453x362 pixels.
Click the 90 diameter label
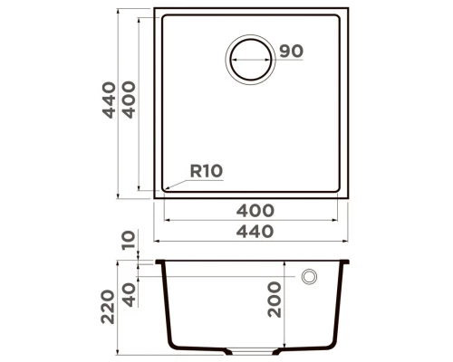click(x=290, y=52)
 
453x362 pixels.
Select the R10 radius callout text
click(x=206, y=169)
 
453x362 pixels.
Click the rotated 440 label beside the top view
click(x=110, y=100)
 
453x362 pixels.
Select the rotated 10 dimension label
click(x=127, y=240)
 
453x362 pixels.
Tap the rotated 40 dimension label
click(x=127, y=294)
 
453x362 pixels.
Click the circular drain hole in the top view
click(x=249, y=61)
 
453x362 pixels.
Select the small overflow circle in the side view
click(x=308, y=276)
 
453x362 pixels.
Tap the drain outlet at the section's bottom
click(x=253, y=350)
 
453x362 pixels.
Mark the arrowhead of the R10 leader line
click(x=164, y=191)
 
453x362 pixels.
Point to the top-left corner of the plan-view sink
click(x=156, y=10)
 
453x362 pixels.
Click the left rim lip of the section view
click(x=159, y=262)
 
